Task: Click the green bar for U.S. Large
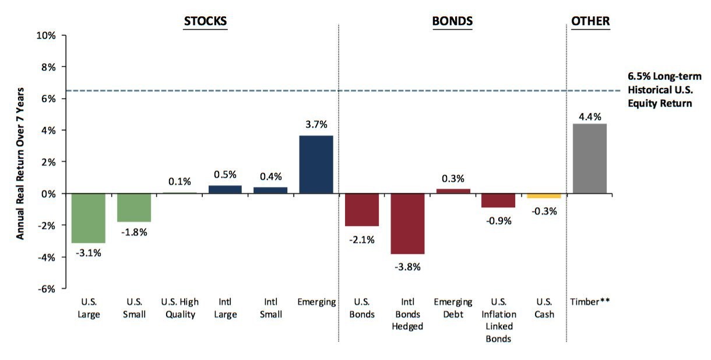tap(88, 218)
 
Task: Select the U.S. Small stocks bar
tap(134, 208)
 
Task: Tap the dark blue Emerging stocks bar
tap(316, 165)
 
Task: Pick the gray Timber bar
tap(589, 158)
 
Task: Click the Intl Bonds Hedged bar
tap(407, 224)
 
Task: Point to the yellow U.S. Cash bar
tap(544, 196)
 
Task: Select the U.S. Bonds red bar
tap(362, 210)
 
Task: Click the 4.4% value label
tap(590, 117)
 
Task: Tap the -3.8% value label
tap(407, 267)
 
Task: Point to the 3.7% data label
tap(316, 124)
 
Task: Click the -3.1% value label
tap(88, 253)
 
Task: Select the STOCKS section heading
tap(205, 21)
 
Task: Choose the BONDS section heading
tap(452, 21)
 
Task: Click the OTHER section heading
tap(590, 21)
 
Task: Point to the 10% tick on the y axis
tap(46, 35)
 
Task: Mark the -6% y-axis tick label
tap(47, 289)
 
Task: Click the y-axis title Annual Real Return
tap(20, 163)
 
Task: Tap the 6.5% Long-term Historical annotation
tap(664, 90)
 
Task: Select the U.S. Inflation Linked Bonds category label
tap(499, 320)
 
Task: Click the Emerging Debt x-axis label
tap(453, 308)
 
